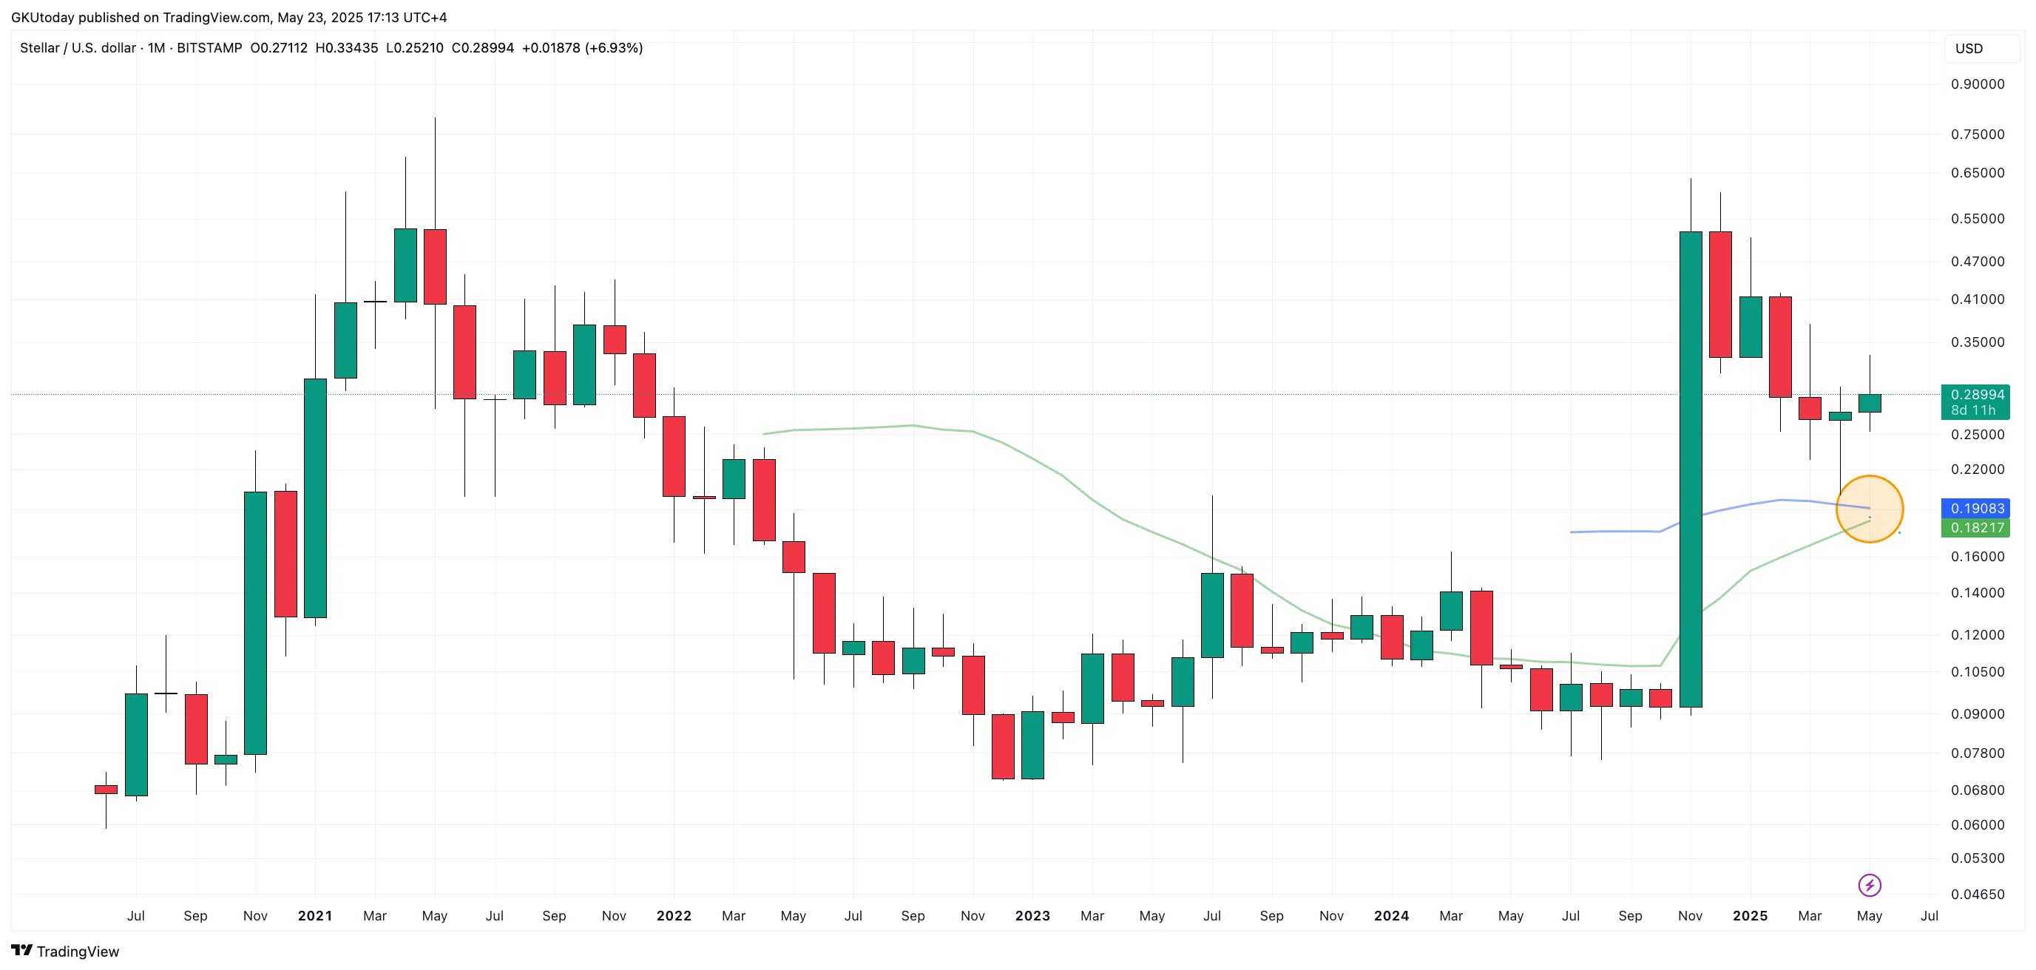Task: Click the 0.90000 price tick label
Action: (1977, 84)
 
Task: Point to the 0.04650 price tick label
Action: (1977, 894)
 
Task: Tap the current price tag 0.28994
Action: (1976, 395)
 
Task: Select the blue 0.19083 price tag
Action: (1976, 509)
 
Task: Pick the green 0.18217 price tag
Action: (1976, 528)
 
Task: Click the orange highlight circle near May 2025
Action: (1870, 509)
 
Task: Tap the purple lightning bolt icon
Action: (1870, 886)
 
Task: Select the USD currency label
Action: (1969, 49)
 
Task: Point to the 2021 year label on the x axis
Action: (314, 916)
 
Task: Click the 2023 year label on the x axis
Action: (1032, 916)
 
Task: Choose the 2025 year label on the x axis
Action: (1750, 916)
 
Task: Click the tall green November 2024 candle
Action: (1691, 469)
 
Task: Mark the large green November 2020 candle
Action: (255, 623)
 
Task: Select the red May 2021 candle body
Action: (435, 267)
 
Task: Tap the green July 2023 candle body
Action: (1211, 615)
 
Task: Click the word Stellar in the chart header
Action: (38, 48)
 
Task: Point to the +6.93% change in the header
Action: (613, 48)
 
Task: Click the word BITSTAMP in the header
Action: (209, 48)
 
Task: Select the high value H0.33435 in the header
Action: (346, 48)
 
